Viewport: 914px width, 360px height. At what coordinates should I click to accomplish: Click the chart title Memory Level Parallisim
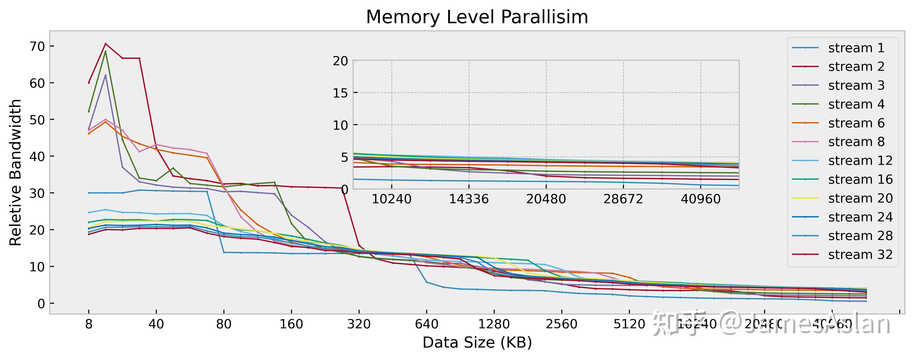tap(477, 17)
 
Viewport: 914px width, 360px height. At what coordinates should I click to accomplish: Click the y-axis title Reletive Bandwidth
tap(16, 172)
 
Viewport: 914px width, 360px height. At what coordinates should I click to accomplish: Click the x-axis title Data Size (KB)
tap(477, 343)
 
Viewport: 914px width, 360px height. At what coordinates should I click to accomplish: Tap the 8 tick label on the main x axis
tap(89, 324)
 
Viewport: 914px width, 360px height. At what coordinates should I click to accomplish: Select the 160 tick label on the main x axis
tap(291, 324)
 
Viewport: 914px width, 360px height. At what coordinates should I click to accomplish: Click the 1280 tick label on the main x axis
tap(494, 324)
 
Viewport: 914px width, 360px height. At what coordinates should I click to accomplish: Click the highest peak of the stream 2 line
tap(105, 44)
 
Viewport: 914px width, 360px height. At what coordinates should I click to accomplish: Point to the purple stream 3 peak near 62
tap(105, 75)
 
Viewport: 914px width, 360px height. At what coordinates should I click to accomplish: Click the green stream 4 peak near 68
tap(105, 51)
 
